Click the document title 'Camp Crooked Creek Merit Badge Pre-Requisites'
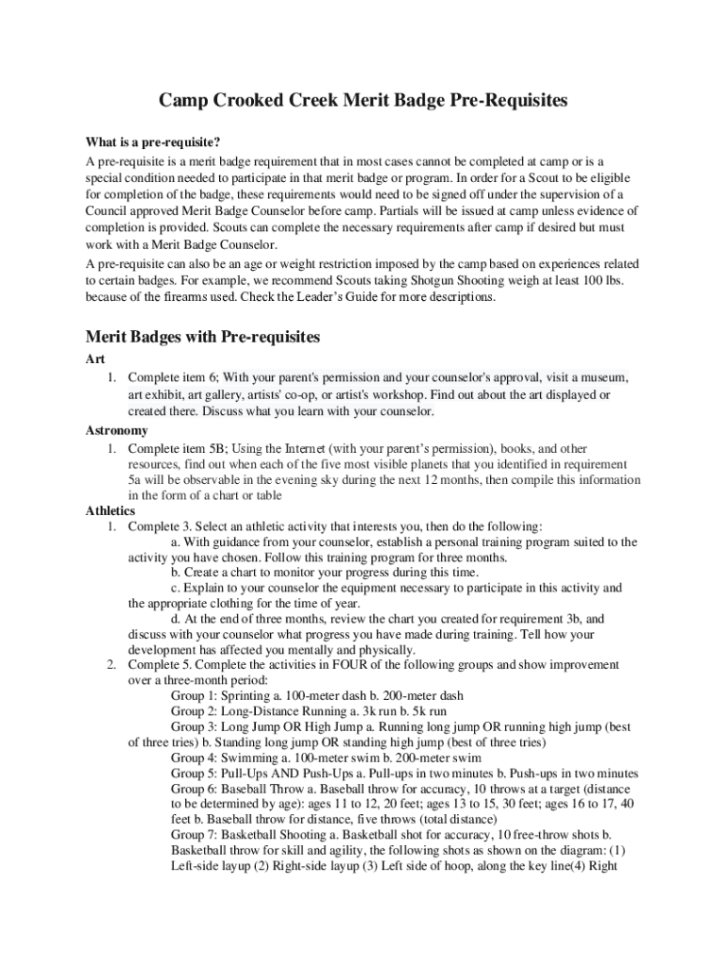pos(363,100)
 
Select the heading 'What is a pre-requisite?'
pos(153,143)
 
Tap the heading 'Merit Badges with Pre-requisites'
pos(203,337)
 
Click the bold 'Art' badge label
pos(94,359)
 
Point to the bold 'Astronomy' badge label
pos(117,430)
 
